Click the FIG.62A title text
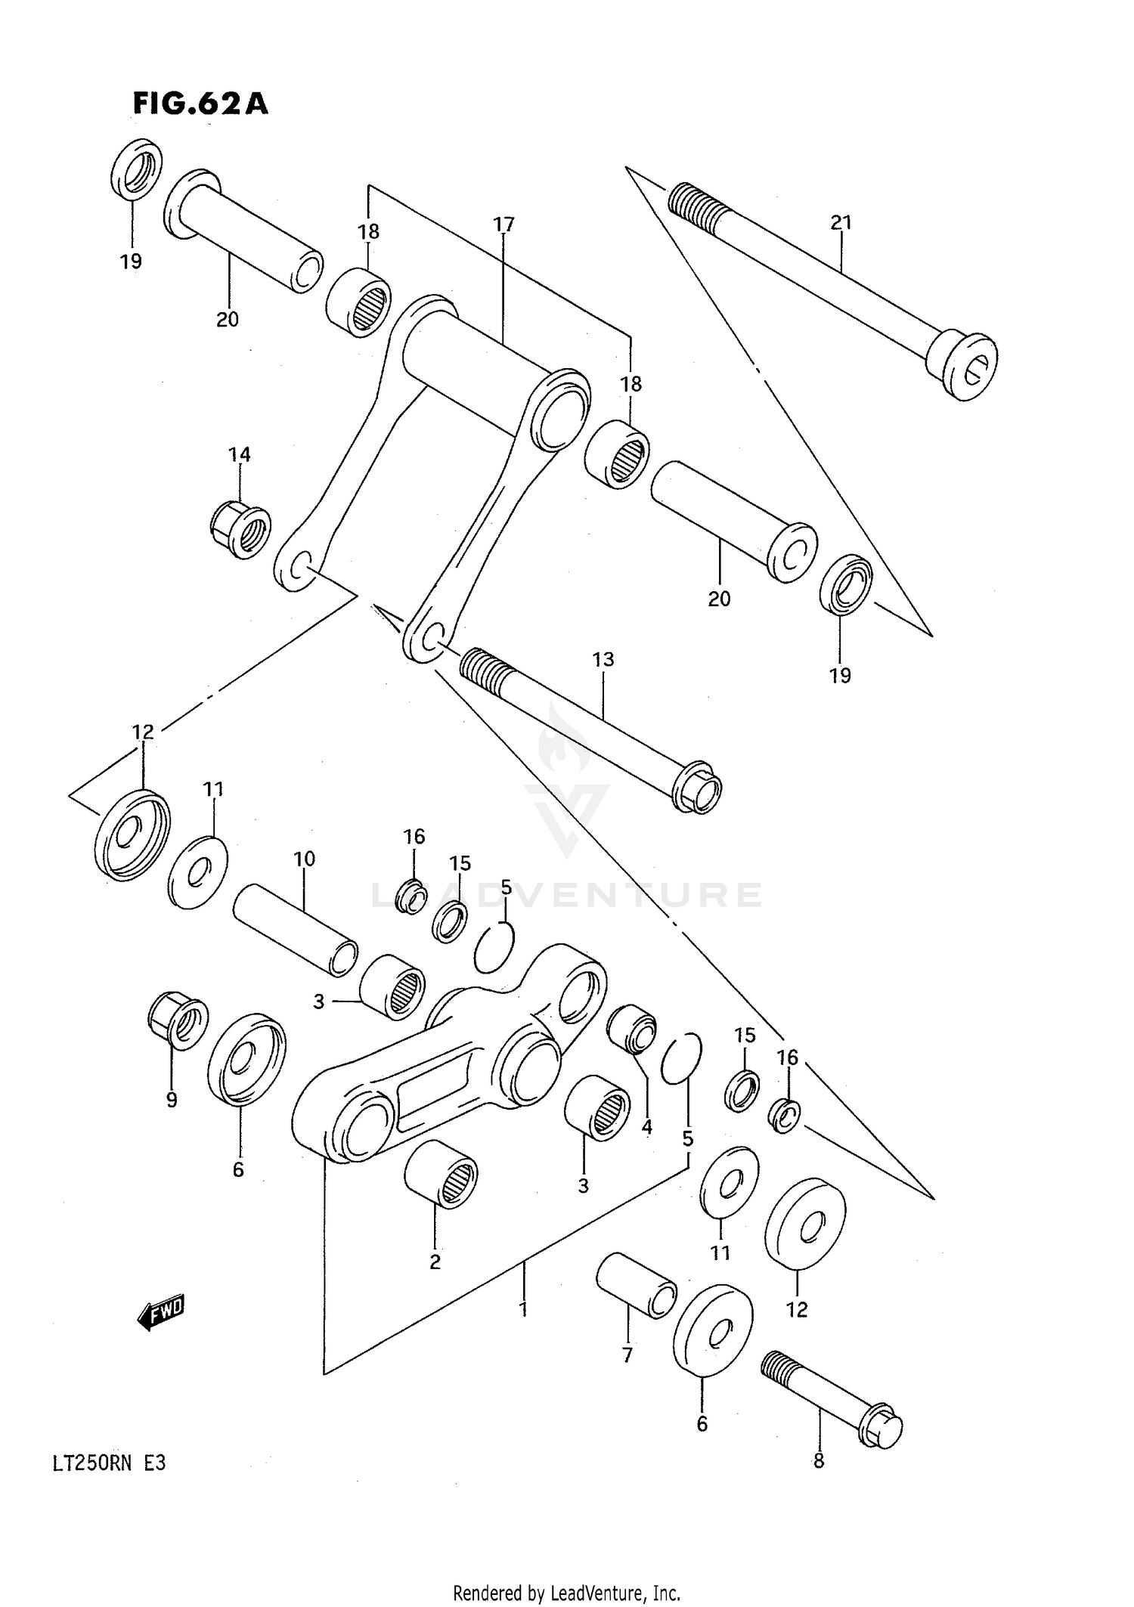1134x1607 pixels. pos(200,104)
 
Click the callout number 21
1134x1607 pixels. pos(841,222)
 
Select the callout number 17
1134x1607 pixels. pos(503,224)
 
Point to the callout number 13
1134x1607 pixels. pos(603,660)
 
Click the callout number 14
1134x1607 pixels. pos(240,454)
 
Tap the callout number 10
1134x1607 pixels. pos(304,859)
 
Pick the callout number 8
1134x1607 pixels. pos(819,1461)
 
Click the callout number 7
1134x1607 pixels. pos(627,1355)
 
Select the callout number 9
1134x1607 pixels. pos(172,1101)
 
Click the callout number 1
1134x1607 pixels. pos(522,1308)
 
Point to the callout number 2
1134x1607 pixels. pos(435,1262)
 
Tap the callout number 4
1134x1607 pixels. pos(646,1128)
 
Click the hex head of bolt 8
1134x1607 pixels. pos(881,1428)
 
